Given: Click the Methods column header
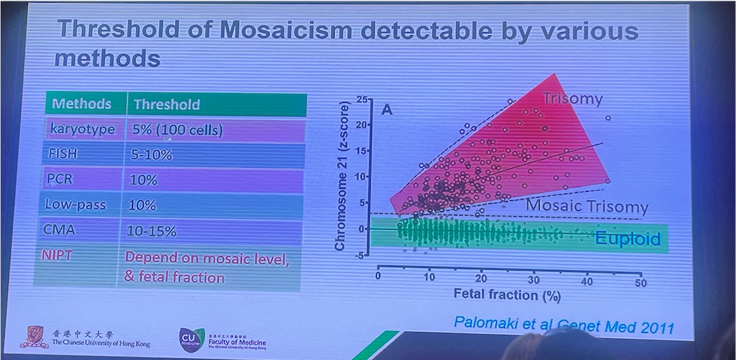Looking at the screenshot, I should pos(81,104).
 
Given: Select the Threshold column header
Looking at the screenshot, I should pos(166,104).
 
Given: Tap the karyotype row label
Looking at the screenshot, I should pos(82,130).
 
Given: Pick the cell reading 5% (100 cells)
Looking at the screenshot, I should pos(177,130).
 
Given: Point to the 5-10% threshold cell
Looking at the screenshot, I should pos(151,155).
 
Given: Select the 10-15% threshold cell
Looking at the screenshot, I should pos(152,231).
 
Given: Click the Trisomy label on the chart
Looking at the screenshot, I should pos(572,99).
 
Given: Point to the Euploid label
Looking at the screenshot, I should pos(628,239).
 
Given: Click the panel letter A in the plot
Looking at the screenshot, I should pos(386,109).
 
